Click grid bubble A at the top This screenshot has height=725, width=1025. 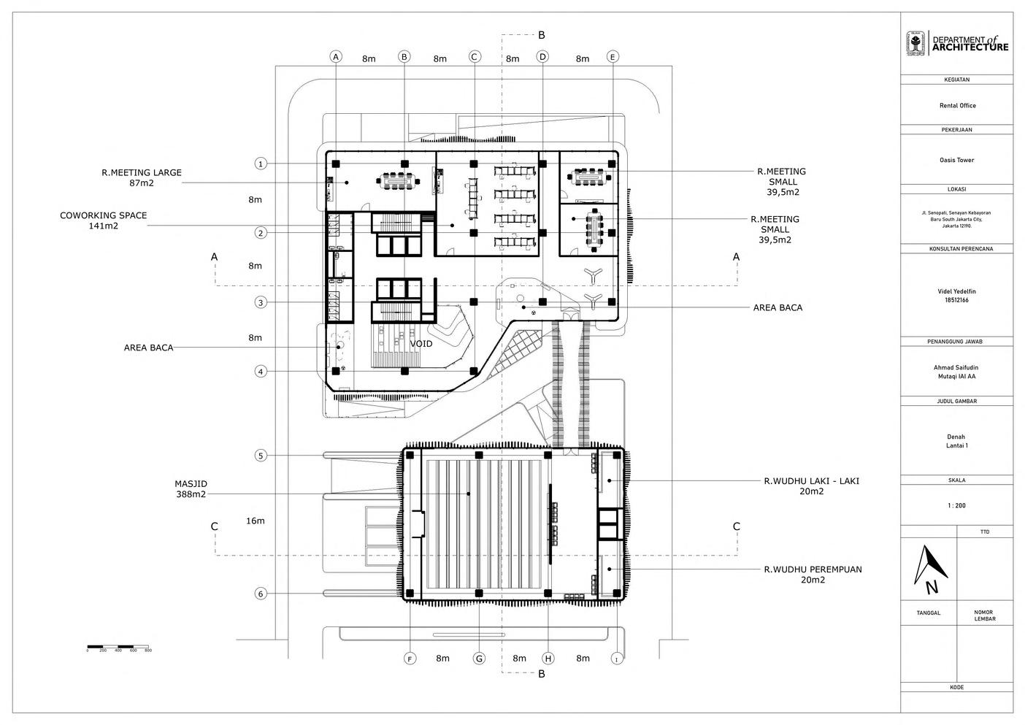336,56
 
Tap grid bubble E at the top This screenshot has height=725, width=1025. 613,56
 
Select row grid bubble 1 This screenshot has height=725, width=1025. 261,164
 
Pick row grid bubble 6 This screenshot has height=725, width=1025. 261,594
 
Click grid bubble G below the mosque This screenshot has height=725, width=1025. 479,659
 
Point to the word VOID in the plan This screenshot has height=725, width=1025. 421,343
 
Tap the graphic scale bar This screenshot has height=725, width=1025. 118,646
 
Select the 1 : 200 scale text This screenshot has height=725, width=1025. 956,505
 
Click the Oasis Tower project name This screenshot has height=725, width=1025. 956,160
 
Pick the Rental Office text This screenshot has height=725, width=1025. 957,106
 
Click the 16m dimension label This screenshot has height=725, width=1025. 255,521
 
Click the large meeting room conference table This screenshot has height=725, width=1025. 397,178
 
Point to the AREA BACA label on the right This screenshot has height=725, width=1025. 778,307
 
